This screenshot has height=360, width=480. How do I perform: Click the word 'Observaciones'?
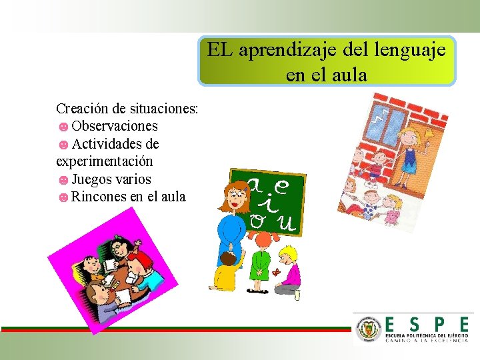coord(115,126)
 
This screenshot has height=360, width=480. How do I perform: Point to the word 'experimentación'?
coord(105,161)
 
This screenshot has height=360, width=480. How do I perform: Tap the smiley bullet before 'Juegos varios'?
coord(63,180)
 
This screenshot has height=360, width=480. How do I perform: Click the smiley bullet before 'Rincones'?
coord(63,197)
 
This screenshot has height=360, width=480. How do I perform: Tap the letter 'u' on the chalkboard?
coord(287,223)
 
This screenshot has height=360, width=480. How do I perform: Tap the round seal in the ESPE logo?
coord(369,329)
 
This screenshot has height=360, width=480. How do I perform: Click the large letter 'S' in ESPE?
coord(415,324)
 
